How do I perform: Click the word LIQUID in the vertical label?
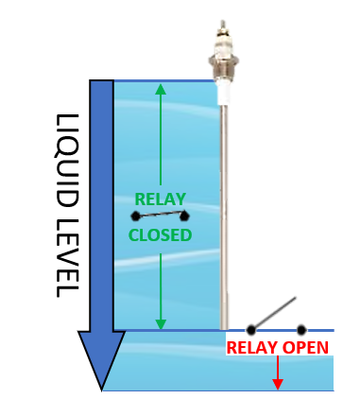67,156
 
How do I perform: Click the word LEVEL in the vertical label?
67,251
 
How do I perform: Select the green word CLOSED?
160,235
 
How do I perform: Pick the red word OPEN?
307,348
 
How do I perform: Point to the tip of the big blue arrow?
101,389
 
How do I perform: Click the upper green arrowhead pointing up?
160,90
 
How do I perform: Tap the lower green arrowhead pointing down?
160,323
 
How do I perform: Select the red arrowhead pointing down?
278,384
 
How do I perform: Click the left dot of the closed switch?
136,217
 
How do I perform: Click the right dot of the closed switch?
185,217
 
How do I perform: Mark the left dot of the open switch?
251,330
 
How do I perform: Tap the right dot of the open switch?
301,330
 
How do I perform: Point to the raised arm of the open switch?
274,314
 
